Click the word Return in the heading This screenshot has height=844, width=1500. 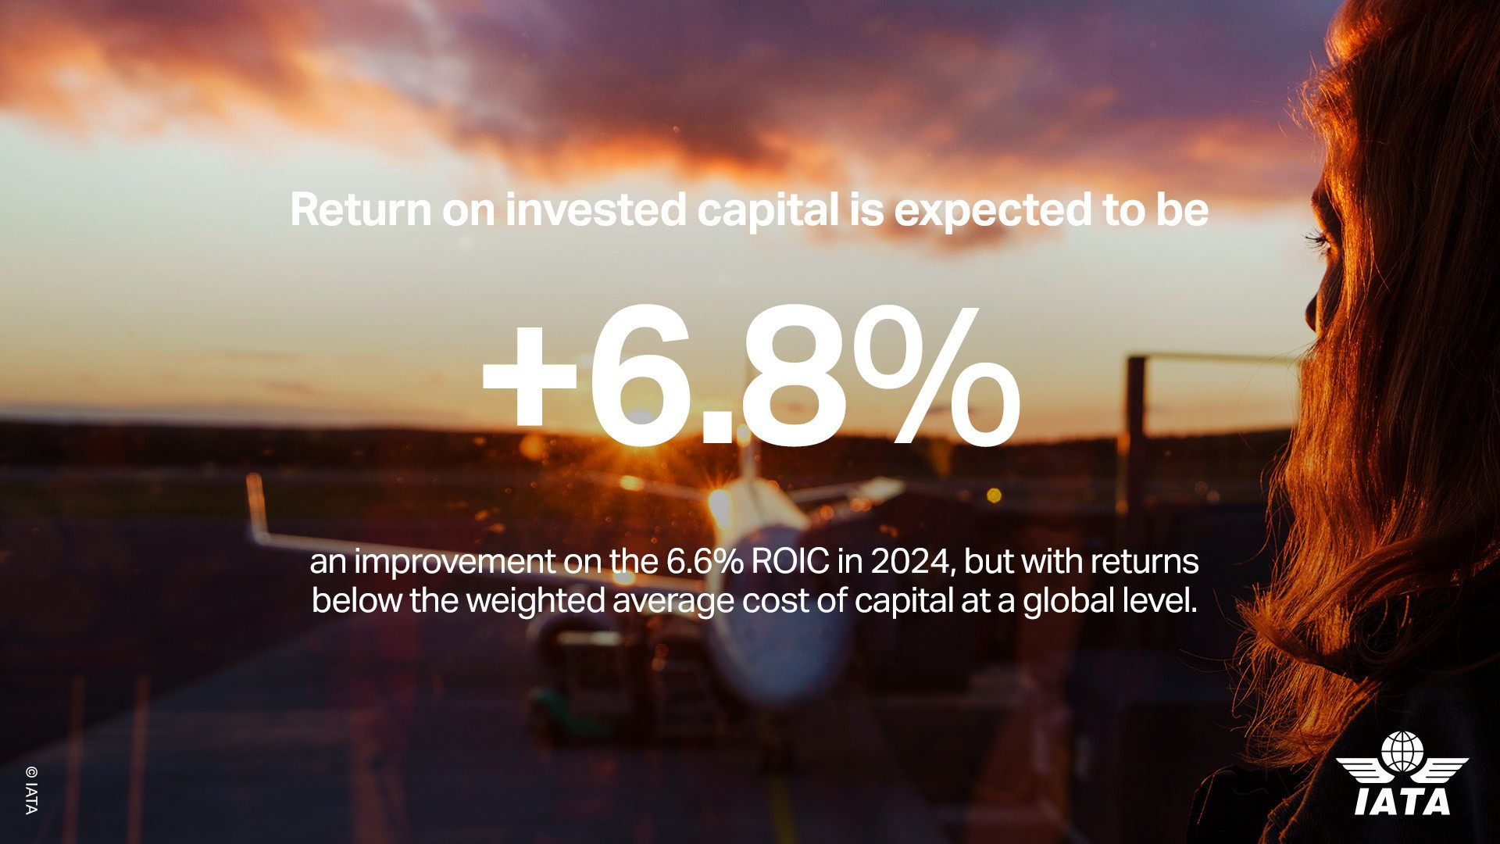point(361,210)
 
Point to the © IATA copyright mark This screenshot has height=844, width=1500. point(30,789)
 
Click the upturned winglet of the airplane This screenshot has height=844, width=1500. point(255,504)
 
